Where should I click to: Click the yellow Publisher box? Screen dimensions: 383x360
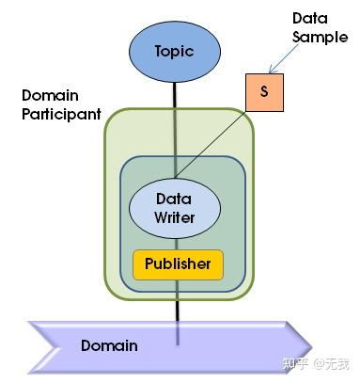(178, 264)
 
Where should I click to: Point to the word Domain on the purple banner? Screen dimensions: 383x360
(109, 345)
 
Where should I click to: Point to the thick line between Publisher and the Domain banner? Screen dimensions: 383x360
(176, 303)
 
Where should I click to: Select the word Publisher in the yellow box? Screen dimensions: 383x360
(178, 264)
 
